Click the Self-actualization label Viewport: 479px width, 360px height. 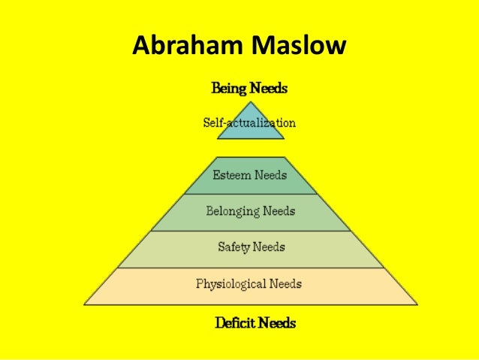[250, 123]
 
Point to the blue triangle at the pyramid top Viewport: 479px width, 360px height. [250, 129]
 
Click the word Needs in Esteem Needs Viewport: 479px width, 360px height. [270, 176]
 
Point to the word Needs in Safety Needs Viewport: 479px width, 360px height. [270, 247]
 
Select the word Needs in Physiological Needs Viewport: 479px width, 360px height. [285, 284]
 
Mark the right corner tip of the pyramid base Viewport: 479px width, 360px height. [417, 304]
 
